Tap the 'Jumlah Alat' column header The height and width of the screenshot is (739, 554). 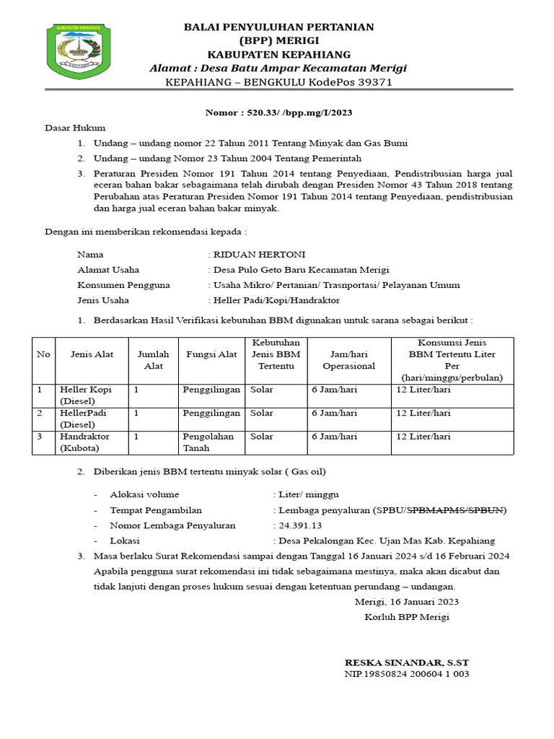[x=153, y=359]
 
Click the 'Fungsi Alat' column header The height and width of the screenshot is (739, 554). [x=211, y=354]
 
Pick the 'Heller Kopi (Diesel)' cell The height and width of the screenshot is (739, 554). [x=86, y=395]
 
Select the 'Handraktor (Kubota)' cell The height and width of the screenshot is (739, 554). [x=84, y=442]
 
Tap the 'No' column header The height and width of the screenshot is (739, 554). [x=43, y=354]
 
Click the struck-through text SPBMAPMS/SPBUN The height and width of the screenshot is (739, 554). [x=457, y=510]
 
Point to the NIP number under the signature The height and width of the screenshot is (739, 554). [x=407, y=674]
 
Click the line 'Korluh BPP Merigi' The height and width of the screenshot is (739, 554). [x=407, y=616]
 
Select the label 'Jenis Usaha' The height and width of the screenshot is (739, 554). [x=103, y=299]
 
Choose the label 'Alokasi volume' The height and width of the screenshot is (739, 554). [x=144, y=495]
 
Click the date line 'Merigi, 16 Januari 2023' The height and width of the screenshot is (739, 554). [x=406, y=601]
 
